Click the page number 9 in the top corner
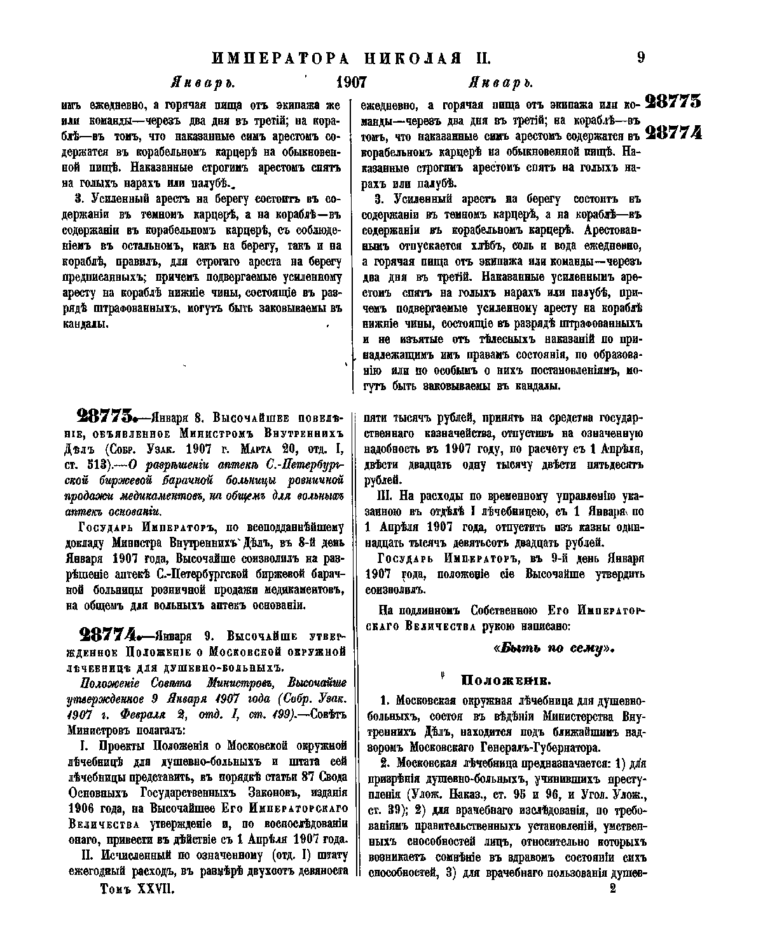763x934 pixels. coord(640,58)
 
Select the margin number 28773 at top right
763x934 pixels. coord(673,102)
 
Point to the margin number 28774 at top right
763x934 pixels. coord(673,132)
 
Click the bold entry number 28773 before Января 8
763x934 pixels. coord(105,417)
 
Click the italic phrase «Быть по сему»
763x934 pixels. coord(554,648)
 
